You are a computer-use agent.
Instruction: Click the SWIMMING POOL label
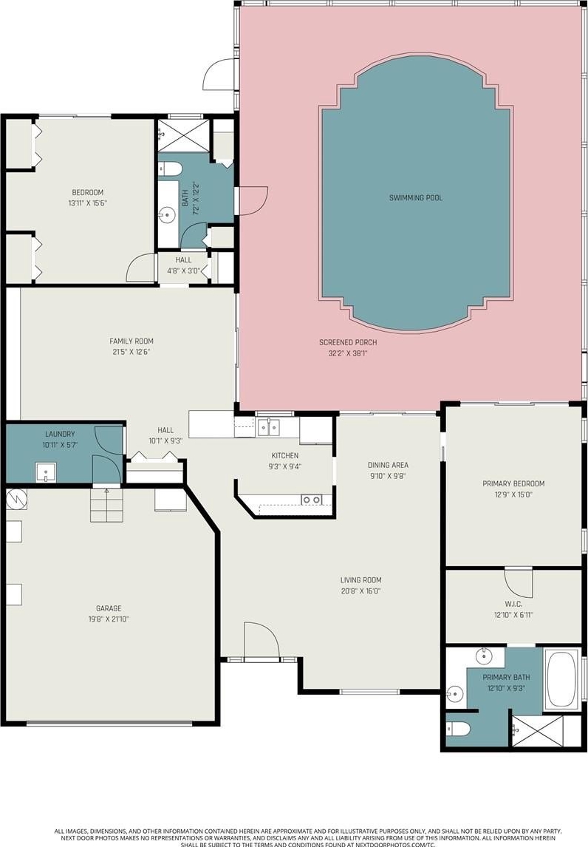click(416, 197)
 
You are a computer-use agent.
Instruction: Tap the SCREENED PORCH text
click(348, 342)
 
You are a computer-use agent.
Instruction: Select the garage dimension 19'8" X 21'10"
click(109, 619)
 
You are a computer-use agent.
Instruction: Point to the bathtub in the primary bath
click(563, 679)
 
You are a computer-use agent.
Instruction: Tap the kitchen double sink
click(268, 427)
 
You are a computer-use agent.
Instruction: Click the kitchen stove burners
click(312, 500)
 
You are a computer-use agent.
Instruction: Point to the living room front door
click(261, 642)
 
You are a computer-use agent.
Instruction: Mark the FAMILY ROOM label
click(131, 341)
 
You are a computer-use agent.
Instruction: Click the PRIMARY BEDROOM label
click(513, 483)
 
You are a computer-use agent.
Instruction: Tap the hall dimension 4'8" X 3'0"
click(184, 271)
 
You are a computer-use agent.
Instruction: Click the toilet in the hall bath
click(169, 169)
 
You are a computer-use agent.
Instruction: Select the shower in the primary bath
click(537, 732)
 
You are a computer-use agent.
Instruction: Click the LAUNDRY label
click(60, 434)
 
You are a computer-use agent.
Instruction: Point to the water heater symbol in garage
click(16, 499)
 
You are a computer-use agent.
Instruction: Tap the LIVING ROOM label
click(360, 580)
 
